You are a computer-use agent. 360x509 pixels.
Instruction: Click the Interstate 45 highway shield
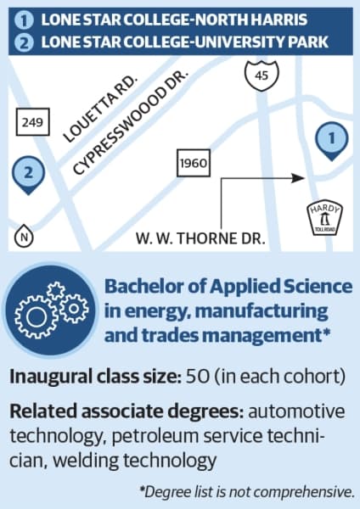(262, 76)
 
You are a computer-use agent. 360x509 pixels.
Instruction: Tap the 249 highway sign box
(33, 122)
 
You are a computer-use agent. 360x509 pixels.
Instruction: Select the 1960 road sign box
(194, 163)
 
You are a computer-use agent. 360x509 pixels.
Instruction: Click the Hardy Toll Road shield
(325, 217)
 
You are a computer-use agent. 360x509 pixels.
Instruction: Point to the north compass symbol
(24, 237)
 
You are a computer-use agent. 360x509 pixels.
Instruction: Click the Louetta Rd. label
(101, 109)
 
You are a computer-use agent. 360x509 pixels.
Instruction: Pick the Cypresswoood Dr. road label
(130, 122)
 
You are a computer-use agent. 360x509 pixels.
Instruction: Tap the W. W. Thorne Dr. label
(200, 238)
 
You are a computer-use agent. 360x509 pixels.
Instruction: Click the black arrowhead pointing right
(298, 178)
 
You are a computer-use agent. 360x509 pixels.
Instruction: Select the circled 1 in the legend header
(24, 20)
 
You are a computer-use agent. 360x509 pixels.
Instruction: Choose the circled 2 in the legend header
(24, 43)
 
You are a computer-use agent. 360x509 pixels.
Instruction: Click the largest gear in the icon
(36, 317)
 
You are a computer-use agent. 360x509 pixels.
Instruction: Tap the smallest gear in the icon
(56, 290)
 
